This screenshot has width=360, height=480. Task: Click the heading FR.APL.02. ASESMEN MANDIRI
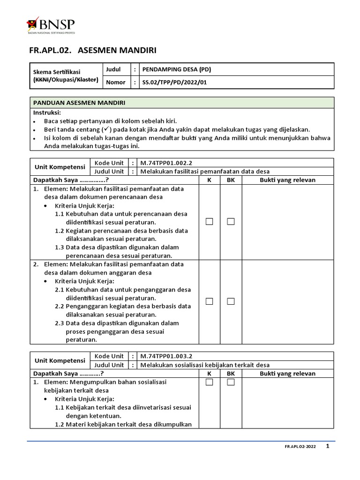[93, 50]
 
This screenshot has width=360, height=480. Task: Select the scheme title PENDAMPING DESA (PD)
[177, 69]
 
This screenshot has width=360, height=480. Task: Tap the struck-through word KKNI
[42, 80]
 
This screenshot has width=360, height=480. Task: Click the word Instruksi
[47, 113]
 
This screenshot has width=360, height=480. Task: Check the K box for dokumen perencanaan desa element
[209, 222]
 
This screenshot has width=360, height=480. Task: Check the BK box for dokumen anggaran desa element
[231, 301]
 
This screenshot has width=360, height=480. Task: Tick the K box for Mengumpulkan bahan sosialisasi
[209, 382]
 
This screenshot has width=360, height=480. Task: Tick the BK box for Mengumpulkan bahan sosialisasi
[231, 382]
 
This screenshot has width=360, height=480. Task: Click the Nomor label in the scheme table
[116, 82]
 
